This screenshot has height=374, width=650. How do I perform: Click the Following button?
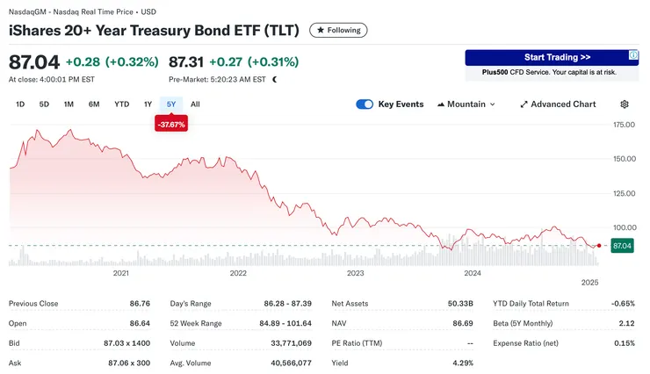(338, 30)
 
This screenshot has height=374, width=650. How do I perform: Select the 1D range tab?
(20, 104)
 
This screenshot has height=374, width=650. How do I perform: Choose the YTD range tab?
(121, 104)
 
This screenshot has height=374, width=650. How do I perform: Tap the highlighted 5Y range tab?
(171, 104)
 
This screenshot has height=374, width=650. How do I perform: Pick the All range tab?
(195, 104)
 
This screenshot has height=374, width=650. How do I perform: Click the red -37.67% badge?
(170, 125)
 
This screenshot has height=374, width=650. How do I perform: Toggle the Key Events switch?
(365, 104)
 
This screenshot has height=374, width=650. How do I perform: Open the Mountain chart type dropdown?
(466, 104)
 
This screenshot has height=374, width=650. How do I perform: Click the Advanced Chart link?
(558, 104)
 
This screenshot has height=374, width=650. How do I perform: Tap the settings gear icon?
(625, 104)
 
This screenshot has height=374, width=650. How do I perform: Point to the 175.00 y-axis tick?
(624, 125)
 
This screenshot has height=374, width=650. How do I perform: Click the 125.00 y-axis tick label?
(624, 193)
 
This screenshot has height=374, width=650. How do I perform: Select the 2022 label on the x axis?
(238, 273)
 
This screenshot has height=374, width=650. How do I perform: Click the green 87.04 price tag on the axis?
(621, 246)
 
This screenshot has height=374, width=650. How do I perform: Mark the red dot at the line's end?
(599, 246)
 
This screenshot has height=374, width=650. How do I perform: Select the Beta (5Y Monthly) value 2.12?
(625, 323)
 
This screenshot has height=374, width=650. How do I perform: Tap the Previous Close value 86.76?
(144, 304)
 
